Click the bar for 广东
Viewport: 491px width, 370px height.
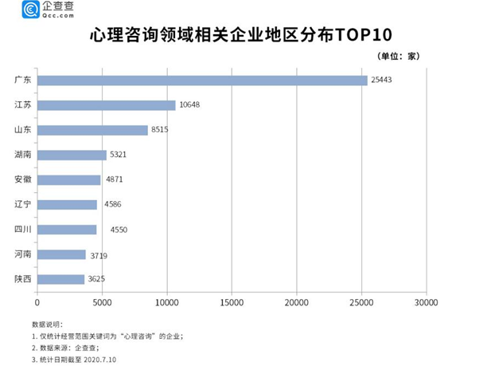(x=202, y=81)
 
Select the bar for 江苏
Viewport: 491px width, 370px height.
(x=106, y=105)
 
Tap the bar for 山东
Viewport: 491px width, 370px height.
(x=92, y=130)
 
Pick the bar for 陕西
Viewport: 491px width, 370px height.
(x=60, y=279)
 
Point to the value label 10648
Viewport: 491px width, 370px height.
(x=193, y=105)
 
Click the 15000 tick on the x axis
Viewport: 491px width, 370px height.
(x=232, y=302)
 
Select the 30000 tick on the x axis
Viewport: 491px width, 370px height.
(x=426, y=302)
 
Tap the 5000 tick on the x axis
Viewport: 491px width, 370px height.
(x=102, y=302)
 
